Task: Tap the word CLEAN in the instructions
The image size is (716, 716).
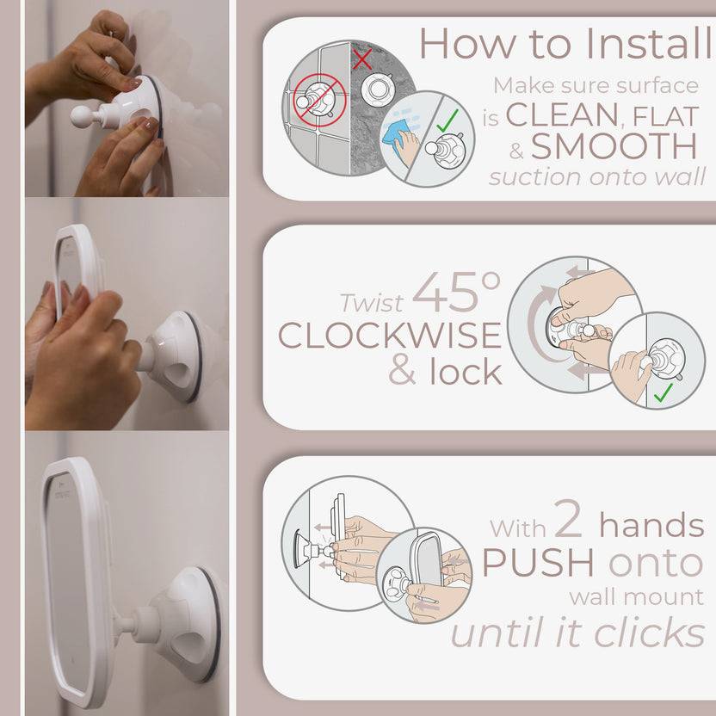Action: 561,114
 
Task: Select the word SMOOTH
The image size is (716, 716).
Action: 614,146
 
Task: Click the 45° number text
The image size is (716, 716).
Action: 456,293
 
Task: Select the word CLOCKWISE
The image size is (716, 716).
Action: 389,336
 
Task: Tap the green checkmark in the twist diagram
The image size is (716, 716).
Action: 663,393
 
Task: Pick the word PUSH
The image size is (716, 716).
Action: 538,563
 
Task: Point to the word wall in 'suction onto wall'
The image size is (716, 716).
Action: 683,178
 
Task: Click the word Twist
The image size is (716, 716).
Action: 371,304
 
